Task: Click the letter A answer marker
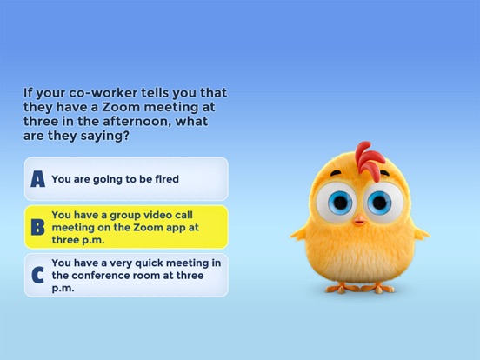tap(37, 179)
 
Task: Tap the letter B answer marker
tap(37, 228)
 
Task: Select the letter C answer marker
tap(37, 276)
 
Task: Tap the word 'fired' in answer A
tap(164, 179)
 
